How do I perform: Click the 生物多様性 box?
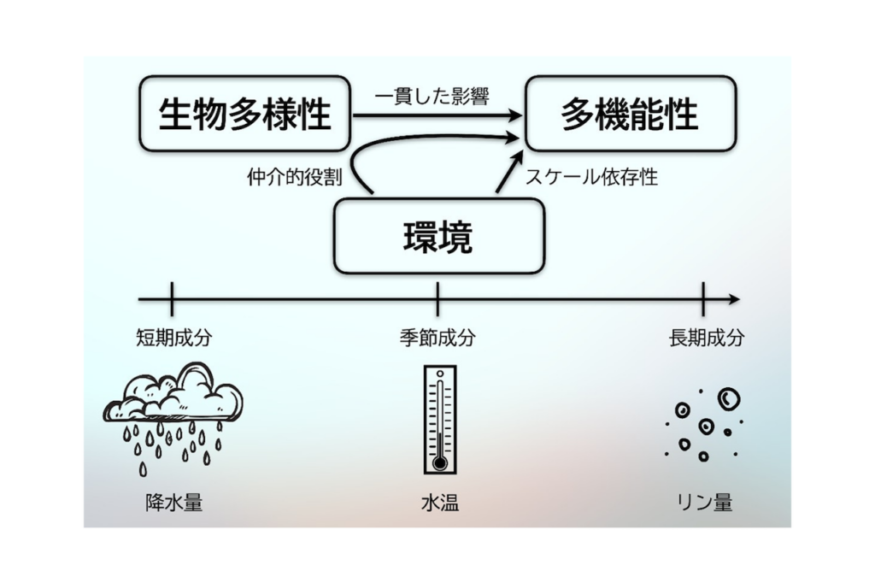pos(245,114)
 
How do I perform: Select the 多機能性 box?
pos(630,114)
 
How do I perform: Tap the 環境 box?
pos(438,236)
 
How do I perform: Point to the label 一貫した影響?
pos(432,97)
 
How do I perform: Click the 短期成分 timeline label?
pos(173,338)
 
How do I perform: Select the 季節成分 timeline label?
pos(437,338)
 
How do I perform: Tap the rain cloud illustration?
pos(173,406)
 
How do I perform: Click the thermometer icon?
pos(439,419)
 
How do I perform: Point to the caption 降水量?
pos(173,503)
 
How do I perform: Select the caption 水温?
pos(439,503)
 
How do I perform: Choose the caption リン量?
pos(704,503)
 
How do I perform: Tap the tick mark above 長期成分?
pos(703,299)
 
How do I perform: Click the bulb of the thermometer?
pos(439,462)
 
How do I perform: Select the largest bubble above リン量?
pos(728,397)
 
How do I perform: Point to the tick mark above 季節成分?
pos(437,299)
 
